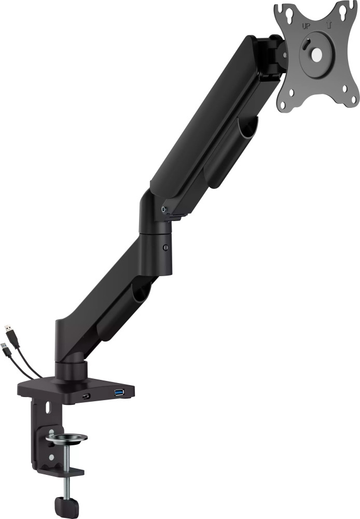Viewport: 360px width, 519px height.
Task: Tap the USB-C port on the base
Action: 86,397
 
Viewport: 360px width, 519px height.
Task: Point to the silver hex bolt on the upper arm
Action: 164,209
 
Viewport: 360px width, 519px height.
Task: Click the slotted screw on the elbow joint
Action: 165,248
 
